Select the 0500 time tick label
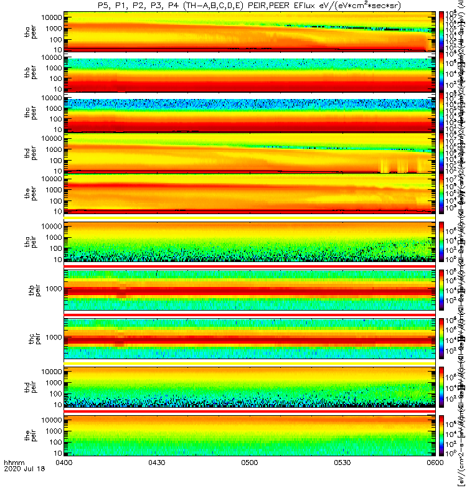(x=250, y=480)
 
